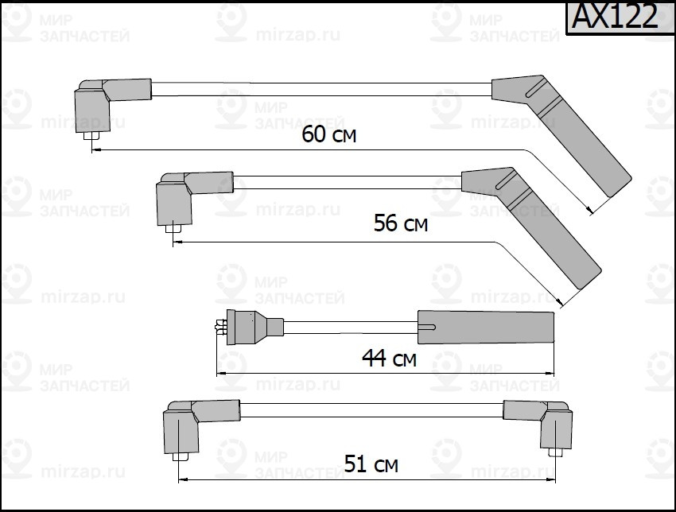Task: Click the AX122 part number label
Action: coord(615,17)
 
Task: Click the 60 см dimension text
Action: coord(328,134)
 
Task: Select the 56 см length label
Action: coord(400,224)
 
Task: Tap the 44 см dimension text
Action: coord(389,359)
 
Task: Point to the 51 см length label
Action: coord(371,463)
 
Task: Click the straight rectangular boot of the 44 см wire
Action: coord(486,328)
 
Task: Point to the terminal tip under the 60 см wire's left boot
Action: coord(91,144)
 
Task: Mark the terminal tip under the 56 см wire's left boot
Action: coord(172,232)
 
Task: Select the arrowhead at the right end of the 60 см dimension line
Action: coord(589,210)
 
